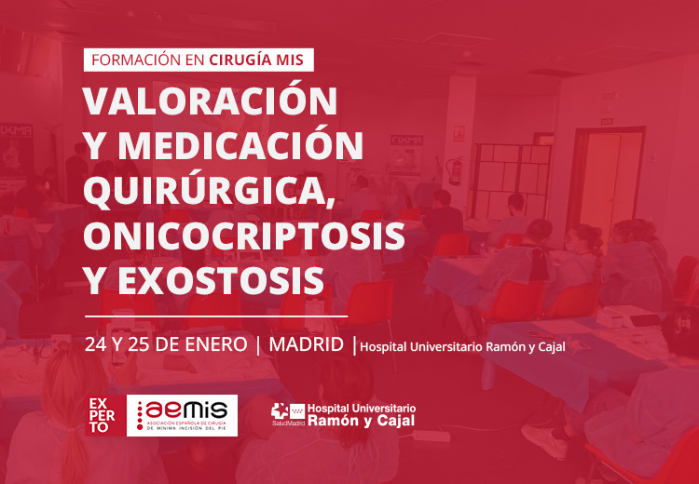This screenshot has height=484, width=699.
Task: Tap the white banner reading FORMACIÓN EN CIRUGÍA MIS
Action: [x=199, y=60]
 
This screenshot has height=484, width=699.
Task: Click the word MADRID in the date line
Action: [x=307, y=345]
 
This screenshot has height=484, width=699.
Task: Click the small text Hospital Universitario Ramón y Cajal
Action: [x=462, y=347]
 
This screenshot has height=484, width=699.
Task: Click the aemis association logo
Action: [x=182, y=415]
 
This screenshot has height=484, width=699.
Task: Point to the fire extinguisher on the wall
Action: [x=455, y=170]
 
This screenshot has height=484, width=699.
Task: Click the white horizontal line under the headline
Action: [x=216, y=316]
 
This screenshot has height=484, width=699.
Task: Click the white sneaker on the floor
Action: [x=545, y=440]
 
